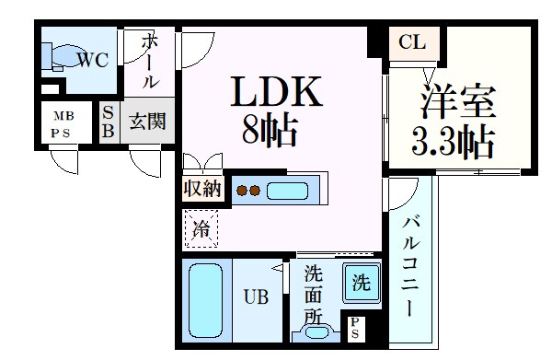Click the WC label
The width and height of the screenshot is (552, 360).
point(92,61)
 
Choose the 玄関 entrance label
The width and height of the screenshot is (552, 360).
point(146,122)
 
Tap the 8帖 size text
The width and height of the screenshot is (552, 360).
point(269,132)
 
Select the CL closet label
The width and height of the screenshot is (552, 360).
point(412,41)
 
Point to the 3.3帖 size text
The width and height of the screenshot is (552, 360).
point(452,143)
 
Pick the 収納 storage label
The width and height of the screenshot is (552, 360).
point(202,190)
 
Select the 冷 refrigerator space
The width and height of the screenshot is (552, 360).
point(201,229)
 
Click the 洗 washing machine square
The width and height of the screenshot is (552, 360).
point(362,283)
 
